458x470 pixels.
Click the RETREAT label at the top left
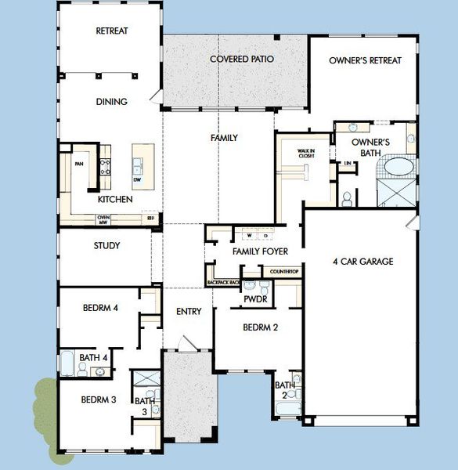pyautogui.click(x=111, y=31)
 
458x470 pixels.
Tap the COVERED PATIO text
pyautogui.click(x=236, y=59)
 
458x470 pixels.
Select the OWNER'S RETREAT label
pyautogui.click(x=365, y=60)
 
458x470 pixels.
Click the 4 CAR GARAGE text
pyautogui.click(x=362, y=262)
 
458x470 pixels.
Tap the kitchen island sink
pyautogui.click(x=138, y=165)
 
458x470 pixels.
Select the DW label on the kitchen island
pyautogui.click(x=137, y=180)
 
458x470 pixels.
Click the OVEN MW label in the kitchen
pyautogui.click(x=103, y=219)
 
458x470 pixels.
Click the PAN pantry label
pyautogui.click(x=78, y=164)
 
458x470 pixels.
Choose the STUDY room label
pyautogui.click(x=106, y=246)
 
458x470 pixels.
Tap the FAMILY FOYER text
pyautogui.click(x=260, y=251)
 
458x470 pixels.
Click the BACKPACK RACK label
pyautogui.click(x=222, y=282)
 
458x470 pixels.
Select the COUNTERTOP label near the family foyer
pyautogui.click(x=283, y=272)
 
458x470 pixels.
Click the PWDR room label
pyautogui.click(x=256, y=299)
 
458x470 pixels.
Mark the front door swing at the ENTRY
pyautogui.click(x=184, y=344)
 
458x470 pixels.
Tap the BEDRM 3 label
pyautogui.click(x=99, y=399)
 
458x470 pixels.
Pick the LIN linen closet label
pyautogui.click(x=347, y=163)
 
